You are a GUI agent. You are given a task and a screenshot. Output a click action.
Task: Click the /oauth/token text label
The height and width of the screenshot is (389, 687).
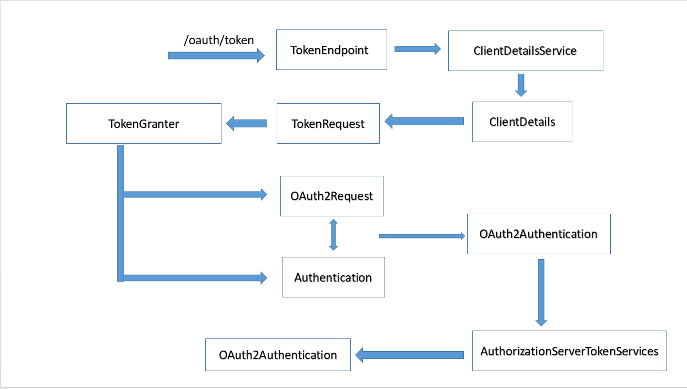pyautogui.click(x=219, y=41)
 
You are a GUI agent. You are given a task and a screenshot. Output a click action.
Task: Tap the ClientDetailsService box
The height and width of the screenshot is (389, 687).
pyautogui.click(x=525, y=51)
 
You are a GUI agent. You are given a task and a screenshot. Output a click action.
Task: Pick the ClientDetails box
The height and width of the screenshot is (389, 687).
pyautogui.click(x=522, y=122)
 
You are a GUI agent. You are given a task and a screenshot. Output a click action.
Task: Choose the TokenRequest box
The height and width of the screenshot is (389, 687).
pyautogui.click(x=328, y=124)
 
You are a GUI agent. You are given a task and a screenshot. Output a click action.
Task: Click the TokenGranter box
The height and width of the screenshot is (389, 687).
pyautogui.click(x=144, y=124)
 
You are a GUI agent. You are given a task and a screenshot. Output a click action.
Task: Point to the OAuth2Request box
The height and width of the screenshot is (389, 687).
pyautogui.click(x=331, y=196)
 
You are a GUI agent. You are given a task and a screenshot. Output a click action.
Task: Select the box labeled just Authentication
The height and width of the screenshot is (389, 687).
pyautogui.click(x=333, y=277)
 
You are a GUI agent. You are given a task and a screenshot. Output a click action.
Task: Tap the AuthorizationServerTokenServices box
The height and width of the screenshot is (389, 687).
pyautogui.click(x=569, y=351)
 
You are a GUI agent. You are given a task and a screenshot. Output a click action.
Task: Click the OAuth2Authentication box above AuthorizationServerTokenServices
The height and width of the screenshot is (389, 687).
pyautogui.click(x=538, y=234)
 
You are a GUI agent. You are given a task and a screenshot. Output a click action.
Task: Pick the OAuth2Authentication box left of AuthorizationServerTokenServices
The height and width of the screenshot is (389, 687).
pyautogui.click(x=278, y=355)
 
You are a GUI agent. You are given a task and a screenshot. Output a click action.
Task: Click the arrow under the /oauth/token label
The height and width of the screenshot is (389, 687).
pyautogui.click(x=216, y=55)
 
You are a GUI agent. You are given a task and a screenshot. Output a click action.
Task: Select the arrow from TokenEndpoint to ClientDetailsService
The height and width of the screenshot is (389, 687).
pyautogui.click(x=417, y=49)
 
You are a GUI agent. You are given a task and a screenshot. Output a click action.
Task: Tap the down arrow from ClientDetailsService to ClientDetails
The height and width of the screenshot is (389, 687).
pyautogui.click(x=521, y=85)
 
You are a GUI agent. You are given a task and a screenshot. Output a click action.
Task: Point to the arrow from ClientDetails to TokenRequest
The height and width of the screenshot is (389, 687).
pyautogui.click(x=424, y=122)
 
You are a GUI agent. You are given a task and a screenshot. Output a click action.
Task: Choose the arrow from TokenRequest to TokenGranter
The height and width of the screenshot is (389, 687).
pyautogui.click(x=247, y=124)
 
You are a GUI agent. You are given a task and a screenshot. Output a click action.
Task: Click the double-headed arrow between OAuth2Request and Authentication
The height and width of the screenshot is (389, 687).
pyautogui.click(x=333, y=235)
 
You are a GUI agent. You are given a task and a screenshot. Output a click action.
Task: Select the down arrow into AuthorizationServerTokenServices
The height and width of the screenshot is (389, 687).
pyautogui.click(x=541, y=292)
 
